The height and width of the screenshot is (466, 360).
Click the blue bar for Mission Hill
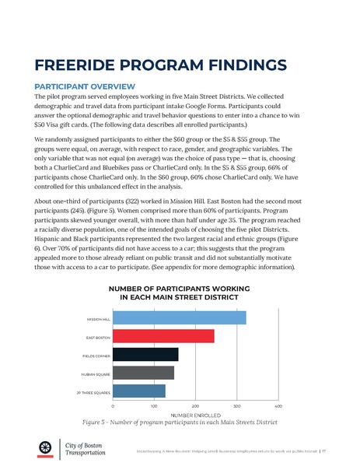click(179, 318)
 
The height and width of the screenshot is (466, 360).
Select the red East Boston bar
click(163, 336)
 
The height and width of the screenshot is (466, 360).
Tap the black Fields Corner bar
click(145, 355)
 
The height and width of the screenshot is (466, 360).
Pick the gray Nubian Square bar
click(143, 373)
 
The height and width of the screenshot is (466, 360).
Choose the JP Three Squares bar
click(139, 391)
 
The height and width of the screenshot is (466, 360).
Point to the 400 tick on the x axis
click(278, 407)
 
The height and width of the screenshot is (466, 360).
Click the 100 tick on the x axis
click(154, 407)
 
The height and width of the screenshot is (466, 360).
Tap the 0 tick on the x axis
click(113, 407)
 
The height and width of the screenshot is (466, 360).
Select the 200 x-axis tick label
click(195, 407)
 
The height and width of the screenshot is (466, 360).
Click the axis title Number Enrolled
click(195, 415)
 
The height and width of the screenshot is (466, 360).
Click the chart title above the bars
click(180, 293)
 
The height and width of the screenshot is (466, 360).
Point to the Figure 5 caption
click(180, 424)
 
